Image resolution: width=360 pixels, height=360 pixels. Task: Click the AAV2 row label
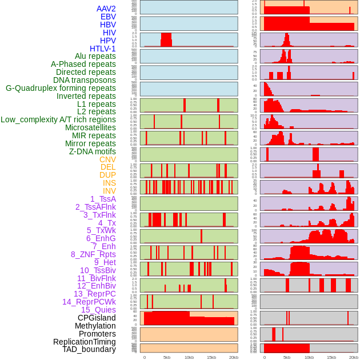[106, 9]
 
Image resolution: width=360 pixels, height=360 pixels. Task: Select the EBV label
[108, 17]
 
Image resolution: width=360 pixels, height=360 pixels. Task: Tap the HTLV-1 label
[103, 49]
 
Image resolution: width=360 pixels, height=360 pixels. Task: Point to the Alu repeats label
[95, 56]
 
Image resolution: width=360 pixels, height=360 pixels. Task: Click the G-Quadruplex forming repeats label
[61, 88]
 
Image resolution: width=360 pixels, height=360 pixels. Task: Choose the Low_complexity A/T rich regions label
[58, 119]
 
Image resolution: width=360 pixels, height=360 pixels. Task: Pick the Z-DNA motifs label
[93, 151]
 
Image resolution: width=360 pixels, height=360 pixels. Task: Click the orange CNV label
[107, 159]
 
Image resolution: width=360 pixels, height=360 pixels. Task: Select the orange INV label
[109, 191]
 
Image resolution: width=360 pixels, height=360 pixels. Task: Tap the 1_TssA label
[103, 199]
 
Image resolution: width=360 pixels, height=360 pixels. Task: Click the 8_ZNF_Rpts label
[93, 254]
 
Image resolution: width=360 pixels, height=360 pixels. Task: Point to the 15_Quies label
[98, 310]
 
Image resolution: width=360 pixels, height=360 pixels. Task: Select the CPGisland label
[97, 318]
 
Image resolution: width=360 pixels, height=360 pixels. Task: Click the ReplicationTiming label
[85, 342]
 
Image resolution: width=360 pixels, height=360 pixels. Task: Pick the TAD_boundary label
[89, 349]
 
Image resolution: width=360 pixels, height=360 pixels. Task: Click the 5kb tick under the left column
[167, 357]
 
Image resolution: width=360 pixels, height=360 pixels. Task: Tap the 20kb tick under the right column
[354, 357]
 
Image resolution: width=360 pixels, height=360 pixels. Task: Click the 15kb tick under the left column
[211, 357]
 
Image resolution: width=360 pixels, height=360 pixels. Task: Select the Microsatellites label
[90, 127]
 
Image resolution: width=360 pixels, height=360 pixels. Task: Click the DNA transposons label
[85, 80]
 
